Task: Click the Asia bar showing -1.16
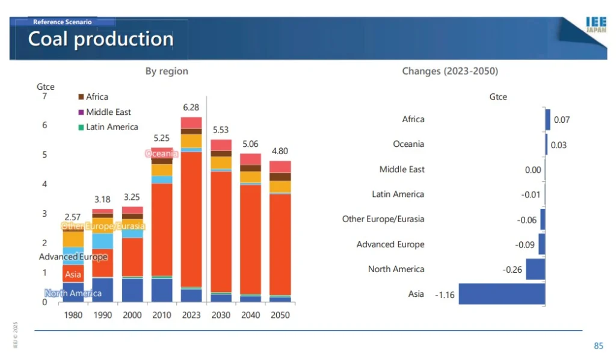click(x=502, y=294)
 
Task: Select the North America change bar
click(x=535, y=269)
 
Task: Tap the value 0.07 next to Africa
click(x=562, y=120)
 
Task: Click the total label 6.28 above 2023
click(x=191, y=107)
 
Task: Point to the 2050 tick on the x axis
click(x=280, y=315)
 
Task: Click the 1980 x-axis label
click(x=73, y=315)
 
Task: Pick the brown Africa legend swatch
click(x=81, y=96)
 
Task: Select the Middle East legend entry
click(x=108, y=112)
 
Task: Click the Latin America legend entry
click(x=112, y=127)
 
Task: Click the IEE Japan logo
click(x=596, y=25)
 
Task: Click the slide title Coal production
click(x=100, y=39)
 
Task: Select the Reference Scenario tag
click(x=62, y=22)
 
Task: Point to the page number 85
click(x=598, y=346)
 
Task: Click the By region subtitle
click(x=167, y=71)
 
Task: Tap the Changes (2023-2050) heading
click(x=450, y=71)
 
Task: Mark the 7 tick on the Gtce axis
click(x=45, y=96)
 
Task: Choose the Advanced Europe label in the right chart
click(x=390, y=244)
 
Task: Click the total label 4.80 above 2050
click(x=280, y=151)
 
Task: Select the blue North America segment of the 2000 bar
click(x=132, y=290)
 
